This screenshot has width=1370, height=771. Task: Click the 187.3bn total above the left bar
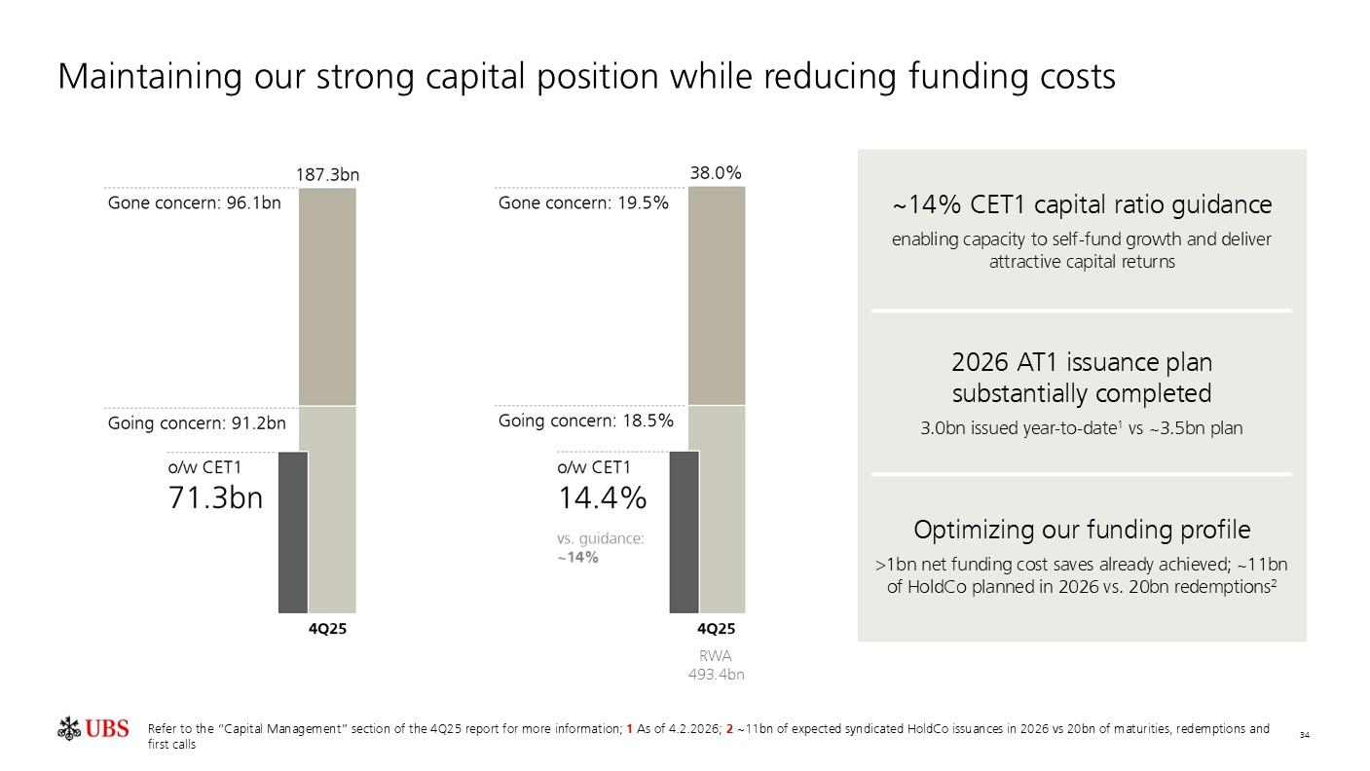pyautogui.click(x=327, y=175)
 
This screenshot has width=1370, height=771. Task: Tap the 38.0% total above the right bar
pyautogui.click(x=716, y=173)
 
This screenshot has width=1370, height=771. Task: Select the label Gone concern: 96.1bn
pyautogui.click(x=194, y=203)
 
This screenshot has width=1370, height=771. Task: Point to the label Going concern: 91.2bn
pyautogui.click(x=197, y=422)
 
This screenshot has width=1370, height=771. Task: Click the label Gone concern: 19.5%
pyautogui.click(x=583, y=203)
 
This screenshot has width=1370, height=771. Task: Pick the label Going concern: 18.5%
pyautogui.click(x=586, y=421)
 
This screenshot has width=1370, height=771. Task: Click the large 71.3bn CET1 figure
pyautogui.click(x=215, y=497)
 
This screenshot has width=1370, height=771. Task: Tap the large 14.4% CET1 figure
pyautogui.click(x=602, y=497)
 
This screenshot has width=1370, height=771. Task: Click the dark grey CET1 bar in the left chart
pyautogui.click(x=293, y=532)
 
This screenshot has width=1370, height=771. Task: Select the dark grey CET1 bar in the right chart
pyautogui.click(x=684, y=532)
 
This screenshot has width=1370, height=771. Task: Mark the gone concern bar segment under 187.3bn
pyautogui.click(x=327, y=296)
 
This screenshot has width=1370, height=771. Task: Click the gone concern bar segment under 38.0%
pyautogui.click(x=717, y=296)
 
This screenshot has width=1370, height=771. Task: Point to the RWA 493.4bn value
pyautogui.click(x=716, y=674)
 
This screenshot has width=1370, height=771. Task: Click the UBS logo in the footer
pyautogui.click(x=93, y=728)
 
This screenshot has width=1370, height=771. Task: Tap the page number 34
pyautogui.click(x=1304, y=734)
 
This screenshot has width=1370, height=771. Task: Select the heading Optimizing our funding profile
pyautogui.click(x=1082, y=530)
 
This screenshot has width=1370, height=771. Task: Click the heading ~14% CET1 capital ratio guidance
pyautogui.click(x=1082, y=205)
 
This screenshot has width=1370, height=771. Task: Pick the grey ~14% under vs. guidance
pyautogui.click(x=577, y=558)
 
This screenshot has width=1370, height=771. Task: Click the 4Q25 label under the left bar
pyautogui.click(x=327, y=629)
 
